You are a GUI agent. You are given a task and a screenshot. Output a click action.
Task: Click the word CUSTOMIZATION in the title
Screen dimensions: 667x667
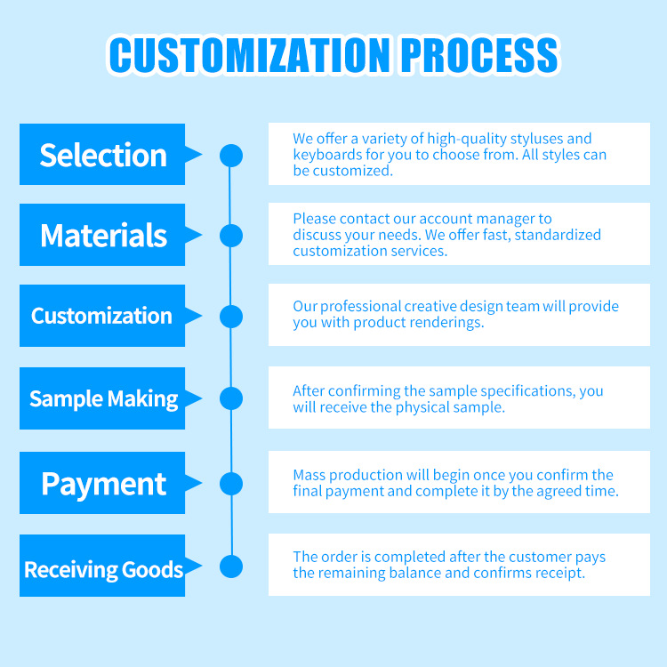(x=249, y=55)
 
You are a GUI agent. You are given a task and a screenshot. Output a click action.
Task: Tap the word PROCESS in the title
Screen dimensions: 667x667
(x=479, y=55)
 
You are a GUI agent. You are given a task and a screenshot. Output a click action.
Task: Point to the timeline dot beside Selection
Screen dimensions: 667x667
(x=231, y=156)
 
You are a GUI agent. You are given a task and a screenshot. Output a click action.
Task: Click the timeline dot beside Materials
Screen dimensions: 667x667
(x=231, y=236)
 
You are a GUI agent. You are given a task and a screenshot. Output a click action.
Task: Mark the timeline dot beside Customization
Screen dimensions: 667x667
(x=231, y=317)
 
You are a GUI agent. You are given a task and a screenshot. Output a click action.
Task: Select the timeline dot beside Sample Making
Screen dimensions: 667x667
(x=231, y=398)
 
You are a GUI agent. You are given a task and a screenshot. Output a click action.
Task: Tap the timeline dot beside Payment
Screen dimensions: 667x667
(x=231, y=484)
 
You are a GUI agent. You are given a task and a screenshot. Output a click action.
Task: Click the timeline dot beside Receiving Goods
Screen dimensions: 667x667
(x=231, y=567)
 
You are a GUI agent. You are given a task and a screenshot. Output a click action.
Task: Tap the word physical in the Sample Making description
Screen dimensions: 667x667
(x=422, y=407)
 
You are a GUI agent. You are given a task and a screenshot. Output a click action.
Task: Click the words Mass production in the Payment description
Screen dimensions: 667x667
(x=348, y=475)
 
